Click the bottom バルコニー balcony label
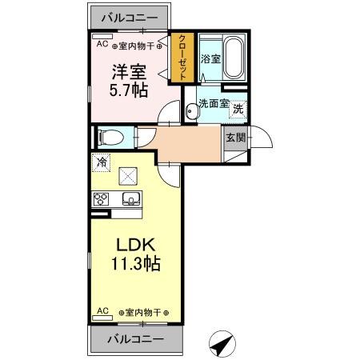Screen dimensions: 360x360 [x=134, y=338]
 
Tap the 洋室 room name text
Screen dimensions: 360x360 [x=123, y=71]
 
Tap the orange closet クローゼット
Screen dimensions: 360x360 [x=183, y=57]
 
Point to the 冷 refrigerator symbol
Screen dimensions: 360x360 [x=101, y=161]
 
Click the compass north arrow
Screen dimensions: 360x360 [x=222, y=344]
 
